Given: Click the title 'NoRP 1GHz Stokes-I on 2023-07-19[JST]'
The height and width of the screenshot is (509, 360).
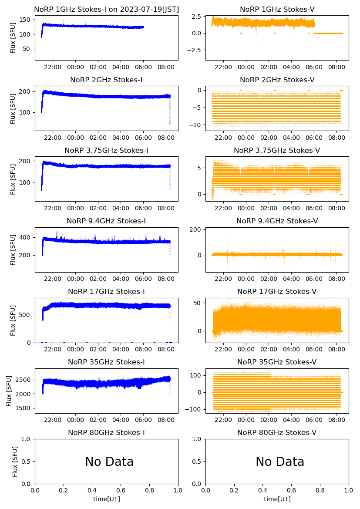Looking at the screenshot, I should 106,9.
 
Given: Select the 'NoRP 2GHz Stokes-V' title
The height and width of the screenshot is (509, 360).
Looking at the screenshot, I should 277,80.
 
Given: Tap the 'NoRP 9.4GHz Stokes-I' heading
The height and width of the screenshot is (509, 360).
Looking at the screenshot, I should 106,221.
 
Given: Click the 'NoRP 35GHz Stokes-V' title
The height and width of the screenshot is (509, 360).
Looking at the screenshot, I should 277,362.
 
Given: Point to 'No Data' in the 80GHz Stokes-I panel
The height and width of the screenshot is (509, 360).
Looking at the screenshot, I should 109,462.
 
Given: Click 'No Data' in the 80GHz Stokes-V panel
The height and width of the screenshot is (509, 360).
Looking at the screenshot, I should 280,462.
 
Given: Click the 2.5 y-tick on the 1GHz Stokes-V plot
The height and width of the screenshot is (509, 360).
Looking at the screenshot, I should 197,17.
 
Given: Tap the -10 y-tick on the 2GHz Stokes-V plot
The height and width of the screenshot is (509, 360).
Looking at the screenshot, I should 195,125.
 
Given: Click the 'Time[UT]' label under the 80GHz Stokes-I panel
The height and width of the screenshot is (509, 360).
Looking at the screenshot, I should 106,499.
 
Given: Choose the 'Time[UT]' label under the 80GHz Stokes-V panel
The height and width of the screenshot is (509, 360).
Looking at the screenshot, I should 277,499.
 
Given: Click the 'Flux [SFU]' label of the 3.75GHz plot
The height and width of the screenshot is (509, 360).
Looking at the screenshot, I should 13,179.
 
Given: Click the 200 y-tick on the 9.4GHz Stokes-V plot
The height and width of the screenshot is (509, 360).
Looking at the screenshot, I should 197,229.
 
